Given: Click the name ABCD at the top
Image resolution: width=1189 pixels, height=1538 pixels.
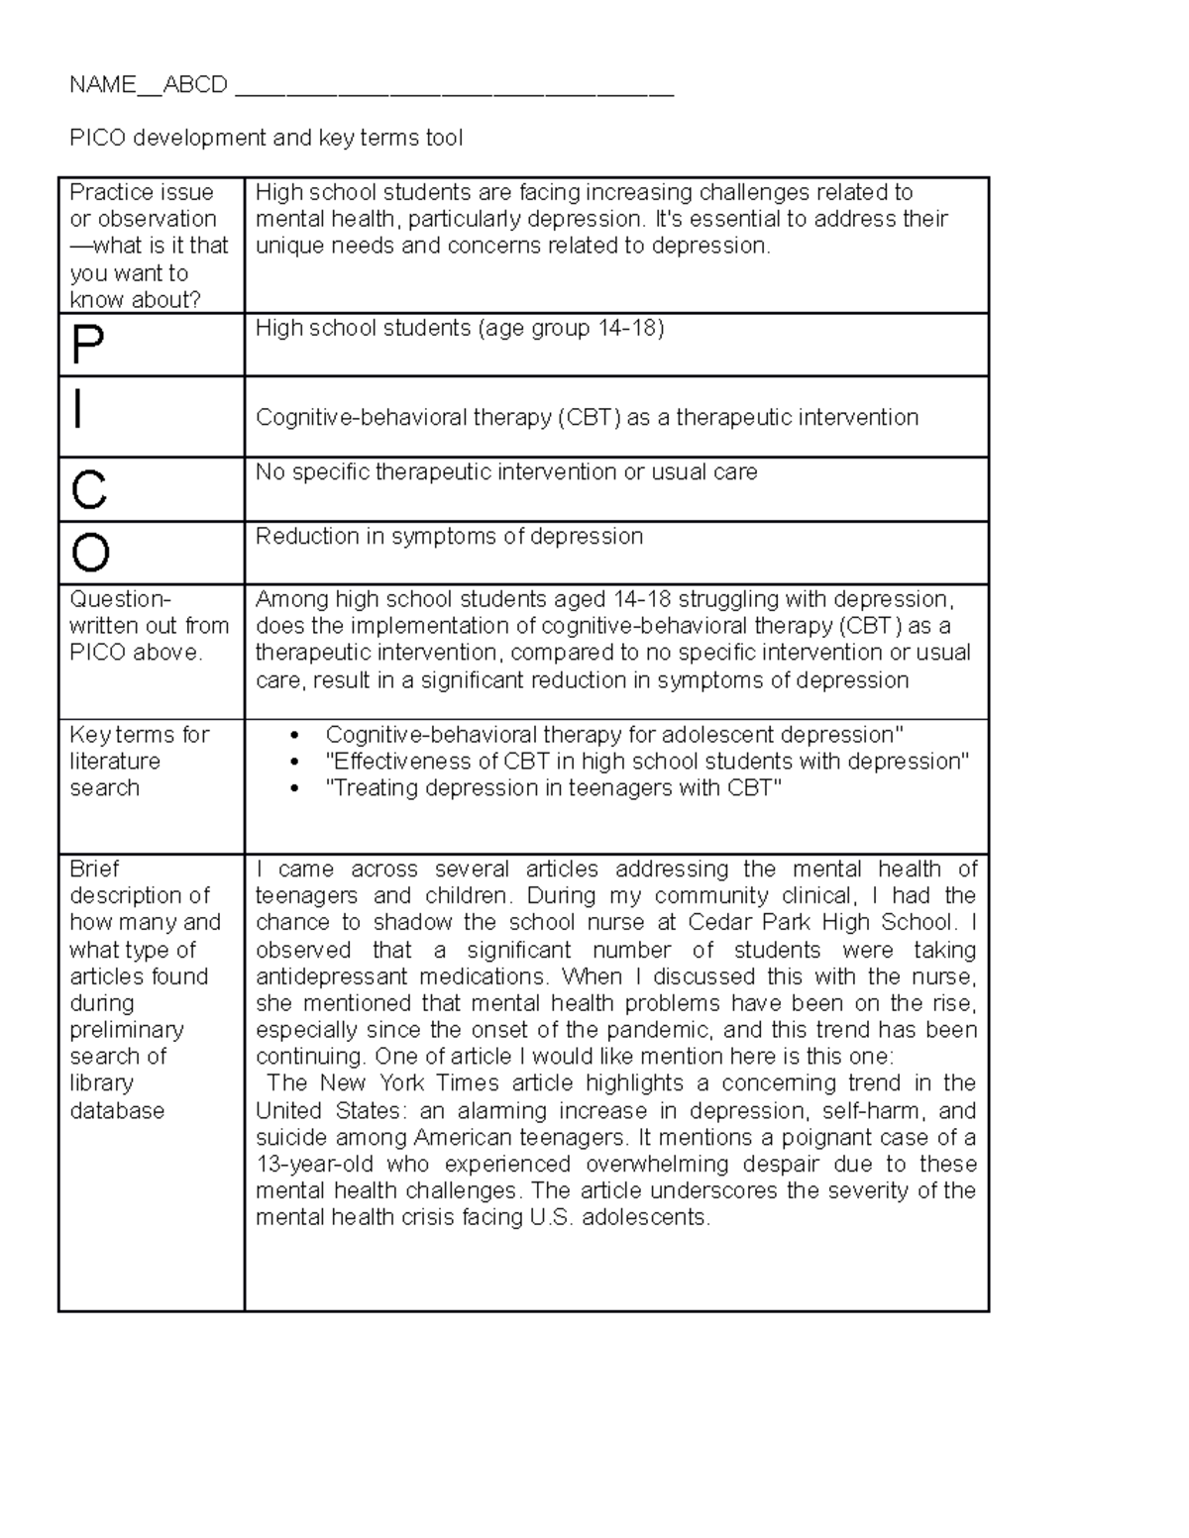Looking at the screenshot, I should (x=195, y=85).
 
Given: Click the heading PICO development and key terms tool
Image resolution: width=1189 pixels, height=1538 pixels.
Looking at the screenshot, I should (x=266, y=138).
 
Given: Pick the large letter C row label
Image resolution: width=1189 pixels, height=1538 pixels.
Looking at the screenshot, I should (x=89, y=489).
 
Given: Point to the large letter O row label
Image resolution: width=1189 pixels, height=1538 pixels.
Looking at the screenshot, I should (x=90, y=553).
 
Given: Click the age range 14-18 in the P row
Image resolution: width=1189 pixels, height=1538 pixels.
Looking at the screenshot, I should (x=627, y=328).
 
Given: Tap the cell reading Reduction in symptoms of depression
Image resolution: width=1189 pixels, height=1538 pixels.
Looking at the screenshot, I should (x=449, y=537).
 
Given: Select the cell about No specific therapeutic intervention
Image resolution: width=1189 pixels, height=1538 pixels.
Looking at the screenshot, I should (x=505, y=472).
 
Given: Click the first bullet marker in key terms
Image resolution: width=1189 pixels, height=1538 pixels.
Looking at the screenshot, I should (x=294, y=736).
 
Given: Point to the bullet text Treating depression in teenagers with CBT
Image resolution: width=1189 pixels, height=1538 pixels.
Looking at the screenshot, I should (x=553, y=788).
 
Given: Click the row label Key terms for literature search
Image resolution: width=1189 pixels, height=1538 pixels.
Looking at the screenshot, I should (x=139, y=761).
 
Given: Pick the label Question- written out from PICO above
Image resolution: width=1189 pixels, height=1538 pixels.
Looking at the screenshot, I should (x=149, y=626).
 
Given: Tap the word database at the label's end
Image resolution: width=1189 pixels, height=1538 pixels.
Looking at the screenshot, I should (x=117, y=1110).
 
